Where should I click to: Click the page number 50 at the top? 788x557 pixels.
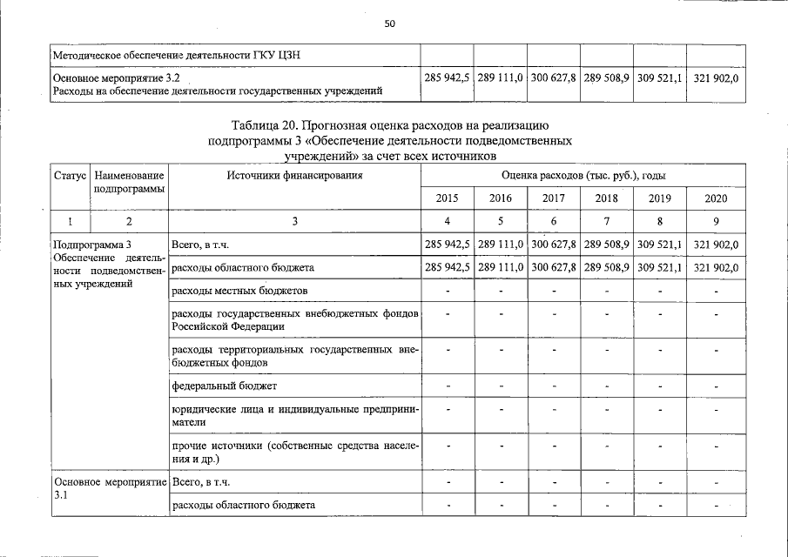pos(390,23)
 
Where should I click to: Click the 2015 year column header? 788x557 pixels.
pos(448,198)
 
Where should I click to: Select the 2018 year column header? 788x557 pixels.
pos(607,198)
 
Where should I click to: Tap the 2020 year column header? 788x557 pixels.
pos(716,198)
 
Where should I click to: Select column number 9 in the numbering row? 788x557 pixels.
pos(716,222)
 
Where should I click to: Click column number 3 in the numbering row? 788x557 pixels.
pos(294,222)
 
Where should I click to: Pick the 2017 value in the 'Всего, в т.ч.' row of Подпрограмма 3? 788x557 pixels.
pos(554,245)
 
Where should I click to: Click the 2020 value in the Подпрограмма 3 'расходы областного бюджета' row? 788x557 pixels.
pos(716,268)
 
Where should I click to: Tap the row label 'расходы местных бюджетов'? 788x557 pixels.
pos(239,290)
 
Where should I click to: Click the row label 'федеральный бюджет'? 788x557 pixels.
pos(225,386)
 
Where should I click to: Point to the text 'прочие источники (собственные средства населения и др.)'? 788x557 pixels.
pos(295,452)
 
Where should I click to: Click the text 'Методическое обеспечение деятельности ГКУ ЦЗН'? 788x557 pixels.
pos(178,57)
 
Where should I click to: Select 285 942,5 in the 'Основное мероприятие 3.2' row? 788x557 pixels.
pos(448,78)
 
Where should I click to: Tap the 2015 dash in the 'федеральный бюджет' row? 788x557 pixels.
pos(448,386)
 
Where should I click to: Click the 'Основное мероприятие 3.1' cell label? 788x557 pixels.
pos(110,487)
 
